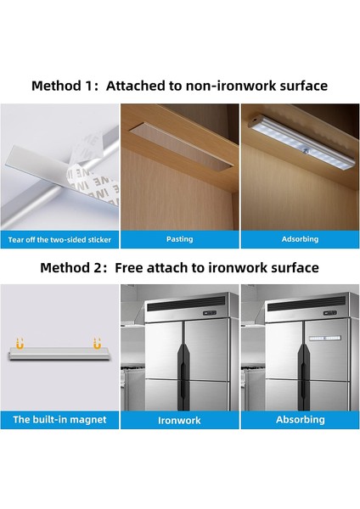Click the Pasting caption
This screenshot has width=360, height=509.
click(179, 239)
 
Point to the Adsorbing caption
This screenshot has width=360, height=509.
click(300, 239)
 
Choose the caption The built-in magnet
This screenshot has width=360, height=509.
click(59, 419)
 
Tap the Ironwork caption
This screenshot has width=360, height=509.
click(179, 419)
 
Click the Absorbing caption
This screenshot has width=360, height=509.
click(300, 419)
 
